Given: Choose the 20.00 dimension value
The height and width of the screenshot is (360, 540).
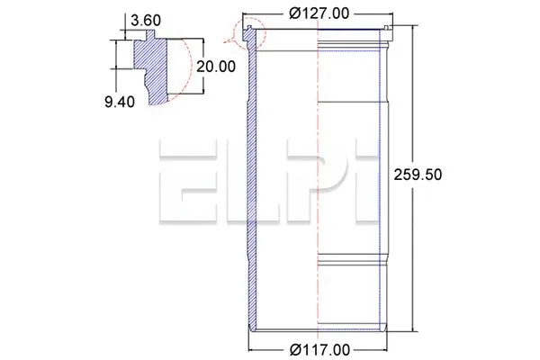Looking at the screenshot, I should (x=215, y=67).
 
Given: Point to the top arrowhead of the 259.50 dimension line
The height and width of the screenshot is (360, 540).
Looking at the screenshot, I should (x=413, y=30).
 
